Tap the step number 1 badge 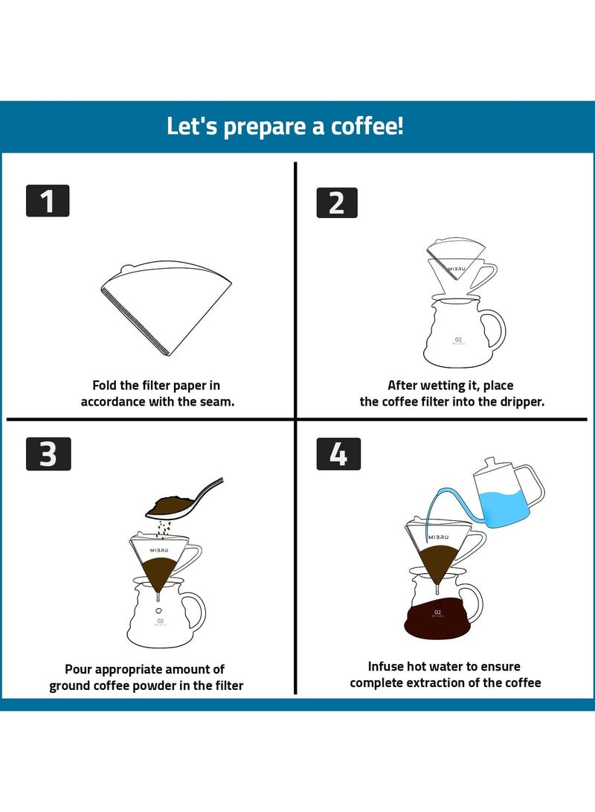pyautogui.click(x=48, y=201)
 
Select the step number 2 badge pyautogui.click(x=337, y=202)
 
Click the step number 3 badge pyautogui.click(x=48, y=453)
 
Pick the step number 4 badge pyautogui.click(x=338, y=453)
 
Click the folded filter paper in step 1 pyautogui.click(x=167, y=305)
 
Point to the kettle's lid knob pyautogui.click(x=489, y=461)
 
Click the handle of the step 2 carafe pyautogui.click(x=494, y=333)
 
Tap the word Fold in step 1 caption pyautogui.click(x=105, y=386)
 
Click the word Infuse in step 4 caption pyautogui.click(x=387, y=666)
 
